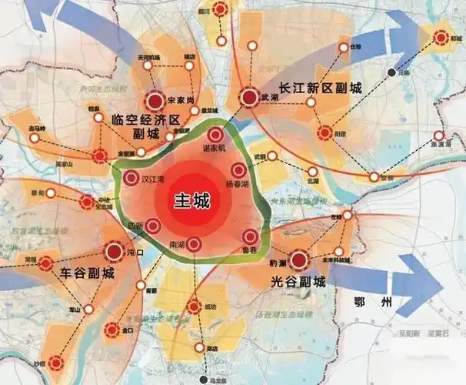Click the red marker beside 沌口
(112, 251)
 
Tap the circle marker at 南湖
(194, 244)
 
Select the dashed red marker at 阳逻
(326, 132)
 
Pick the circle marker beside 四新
(151, 226)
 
